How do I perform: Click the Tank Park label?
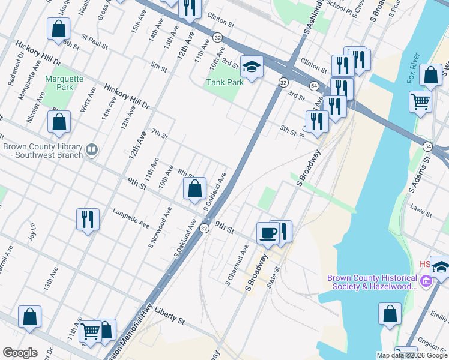coord(225,82)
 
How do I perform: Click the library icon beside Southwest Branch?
coord(92,149)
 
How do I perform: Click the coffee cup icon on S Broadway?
coord(267,232)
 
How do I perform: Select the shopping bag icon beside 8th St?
coord(194,189)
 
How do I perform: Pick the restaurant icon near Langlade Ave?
coord(88,219)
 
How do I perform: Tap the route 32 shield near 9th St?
coord(205,228)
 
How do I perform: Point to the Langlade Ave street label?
coord(131,217)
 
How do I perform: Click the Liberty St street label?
coord(169,315)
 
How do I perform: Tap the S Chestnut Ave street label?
coord(237,265)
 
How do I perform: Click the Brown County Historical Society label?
coord(372,282)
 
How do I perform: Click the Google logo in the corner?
coord(20,353)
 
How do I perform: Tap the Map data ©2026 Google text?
coord(411,355)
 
